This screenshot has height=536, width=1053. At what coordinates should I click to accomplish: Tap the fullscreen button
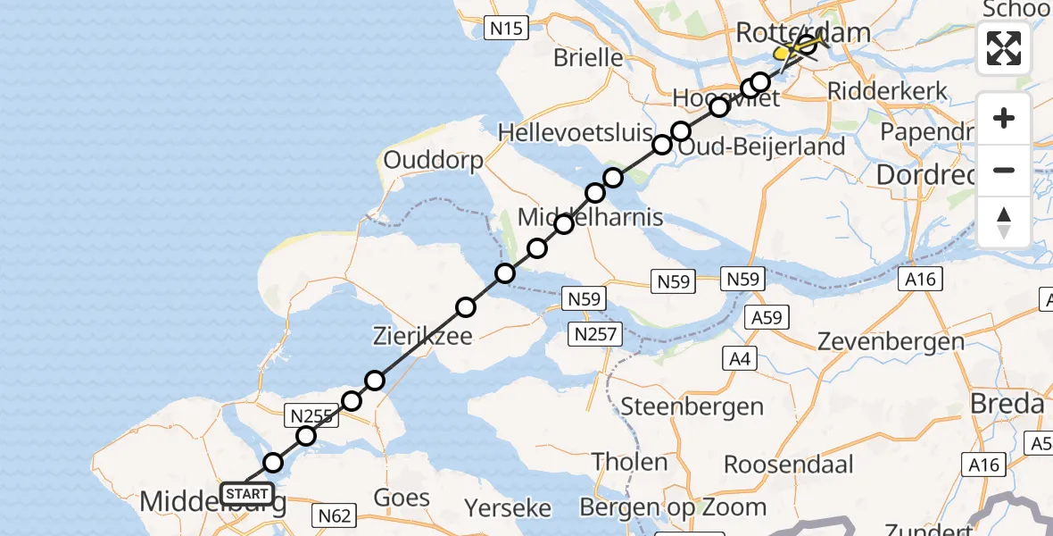coord(1004,48)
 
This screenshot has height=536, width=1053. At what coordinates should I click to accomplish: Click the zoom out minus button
coord(1004,170)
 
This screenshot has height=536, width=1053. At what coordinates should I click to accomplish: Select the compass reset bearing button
coord(1004,222)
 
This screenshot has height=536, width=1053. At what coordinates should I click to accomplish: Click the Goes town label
coord(401,498)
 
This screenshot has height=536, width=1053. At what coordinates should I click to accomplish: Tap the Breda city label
coord(1007,404)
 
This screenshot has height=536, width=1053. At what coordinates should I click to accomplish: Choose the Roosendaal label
coord(788,465)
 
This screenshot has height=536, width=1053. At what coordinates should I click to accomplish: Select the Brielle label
coord(588,58)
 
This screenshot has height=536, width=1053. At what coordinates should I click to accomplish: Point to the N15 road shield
coord(504,29)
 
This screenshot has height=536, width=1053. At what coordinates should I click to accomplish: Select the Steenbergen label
coord(692,406)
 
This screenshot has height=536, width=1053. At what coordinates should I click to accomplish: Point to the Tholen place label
coord(630,462)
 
